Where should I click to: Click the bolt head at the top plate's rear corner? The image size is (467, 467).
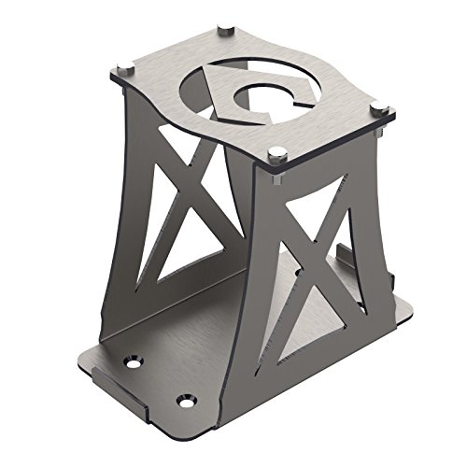225,30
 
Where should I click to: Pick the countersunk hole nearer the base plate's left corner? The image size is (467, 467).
134,358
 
